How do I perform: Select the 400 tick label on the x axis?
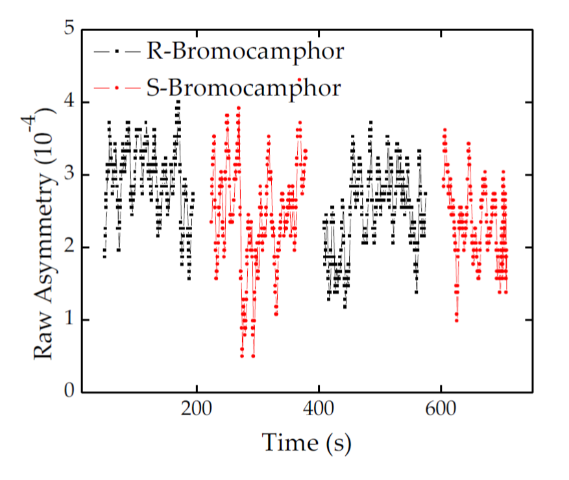point(319,411)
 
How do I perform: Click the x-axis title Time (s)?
point(306,442)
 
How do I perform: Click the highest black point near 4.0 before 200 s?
point(177,102)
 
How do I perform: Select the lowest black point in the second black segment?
point(345,306)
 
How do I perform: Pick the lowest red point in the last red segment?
point(457,320)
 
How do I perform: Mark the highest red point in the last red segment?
point(444,130)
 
